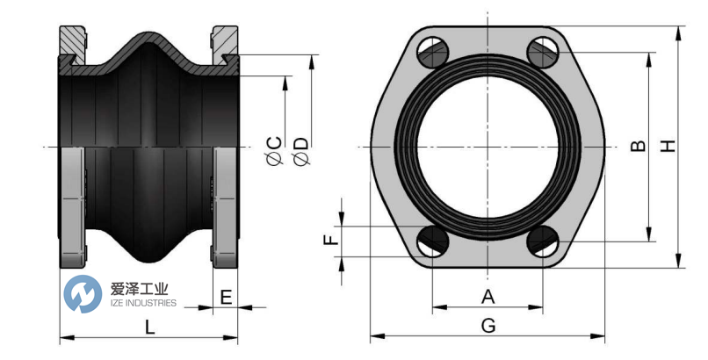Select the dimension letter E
click(226, 297)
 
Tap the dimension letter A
click(488, 296)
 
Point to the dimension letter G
click(488, 325)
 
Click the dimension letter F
click(330, 239)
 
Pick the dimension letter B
click(638, 146)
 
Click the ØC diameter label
click(273, 149)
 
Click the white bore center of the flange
click(488, 146)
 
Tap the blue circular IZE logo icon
click(83, 294)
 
